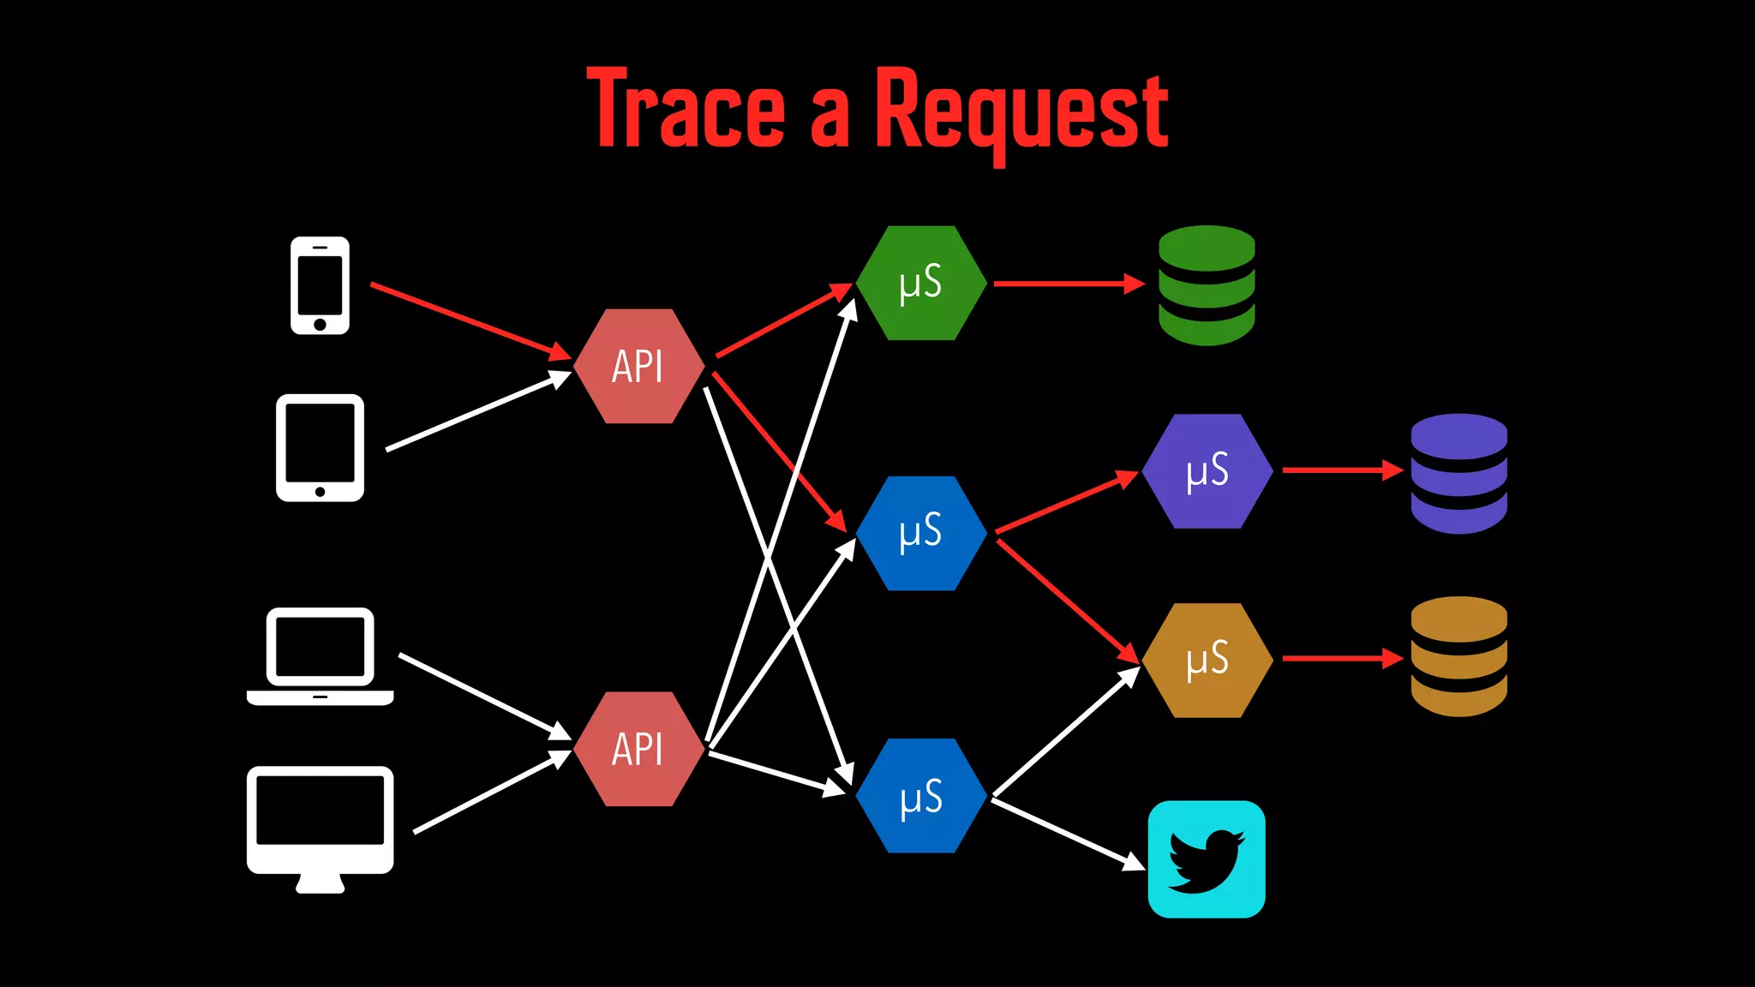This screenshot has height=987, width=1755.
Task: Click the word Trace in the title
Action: pyautogui.click(x=686, y=109)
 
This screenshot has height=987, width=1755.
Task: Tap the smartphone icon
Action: pyautogui.click(x=320, y=285)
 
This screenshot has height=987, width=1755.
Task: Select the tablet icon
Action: pyautogui.click(x=320, y=447)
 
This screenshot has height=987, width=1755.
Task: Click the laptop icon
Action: pyautogui.click(x=320, y=655)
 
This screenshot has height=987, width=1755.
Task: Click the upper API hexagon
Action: pyautogui.click(x=638, y=367)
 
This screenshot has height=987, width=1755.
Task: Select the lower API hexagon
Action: pyautogui.click(x=638, y=749)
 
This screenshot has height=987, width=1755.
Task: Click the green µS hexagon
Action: pyautogui.click(x=920, y=283)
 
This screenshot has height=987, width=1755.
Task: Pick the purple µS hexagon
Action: pyautogui.click(x=1207, y=471)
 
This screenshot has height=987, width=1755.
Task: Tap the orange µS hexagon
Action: pyautogui.click(x=1207, y=660)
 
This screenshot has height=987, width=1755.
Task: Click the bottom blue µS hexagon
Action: pyautogui.click(x=920, y=796)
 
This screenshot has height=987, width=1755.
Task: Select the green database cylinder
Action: pyautogui.click(x=1207, y=285)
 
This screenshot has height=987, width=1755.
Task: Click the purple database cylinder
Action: pyautogui.click(x=1459, y=474)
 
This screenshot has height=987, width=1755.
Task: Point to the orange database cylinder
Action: pyautogui.click(x=1459, y=656)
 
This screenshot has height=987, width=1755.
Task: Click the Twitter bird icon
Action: pyautogui.click(x=1207, y=859)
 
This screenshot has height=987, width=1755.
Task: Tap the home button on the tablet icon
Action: pyautogui.click(x=320, y=492)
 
